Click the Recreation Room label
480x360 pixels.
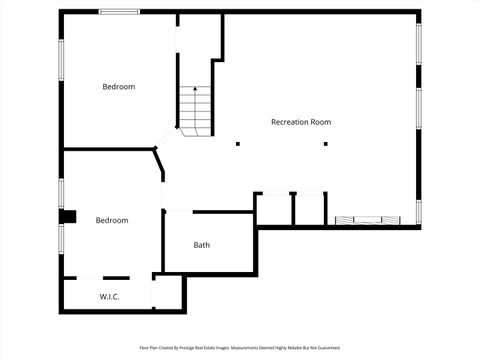[x=301, y=122]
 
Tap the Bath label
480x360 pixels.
[x=202, y=245]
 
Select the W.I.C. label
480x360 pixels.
[x=111, y=297]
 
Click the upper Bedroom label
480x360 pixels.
[x=118, y=87]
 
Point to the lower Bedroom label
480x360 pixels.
[x=111, y=220]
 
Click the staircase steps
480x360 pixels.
[x=197, y=110]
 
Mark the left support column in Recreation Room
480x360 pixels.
[x=238, y=144]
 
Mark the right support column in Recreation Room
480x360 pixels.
[x=325, y=144]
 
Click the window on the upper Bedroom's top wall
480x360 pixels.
[x=119, y=12]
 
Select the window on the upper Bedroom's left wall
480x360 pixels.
[x=61, y=61]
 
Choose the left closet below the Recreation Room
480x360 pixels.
[x=273, y=209]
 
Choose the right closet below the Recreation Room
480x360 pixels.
[x=309, y=209]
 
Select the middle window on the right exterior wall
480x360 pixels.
[x=418, y=108]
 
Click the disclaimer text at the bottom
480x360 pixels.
[x=240, y=348]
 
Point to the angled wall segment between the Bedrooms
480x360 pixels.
[x=159, y=165]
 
